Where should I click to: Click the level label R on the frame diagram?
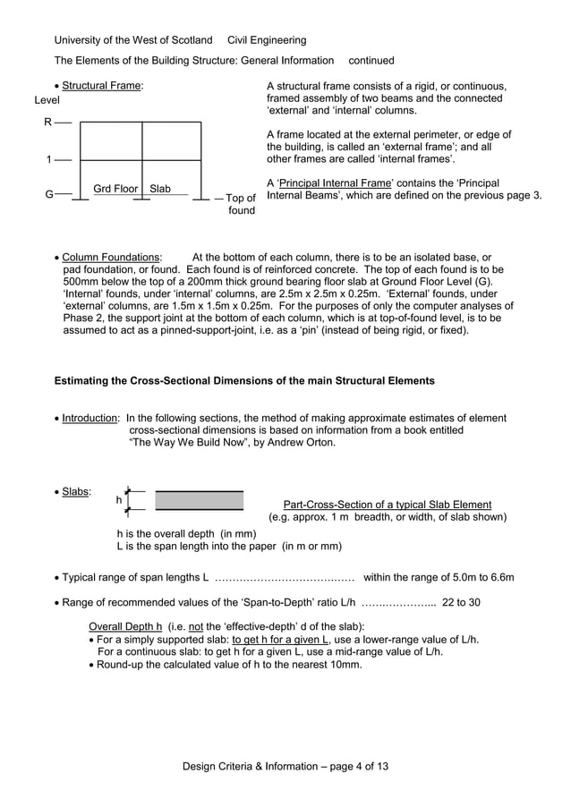(48, 121)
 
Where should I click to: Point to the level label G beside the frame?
(49, 193)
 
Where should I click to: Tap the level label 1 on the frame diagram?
(48, 160)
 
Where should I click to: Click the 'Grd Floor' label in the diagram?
(115, 189)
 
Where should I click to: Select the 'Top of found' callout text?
(240, 204)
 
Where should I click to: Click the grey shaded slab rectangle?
(199, 500)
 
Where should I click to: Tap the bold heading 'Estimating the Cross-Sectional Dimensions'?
(244, 380)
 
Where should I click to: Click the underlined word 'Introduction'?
(89, 418)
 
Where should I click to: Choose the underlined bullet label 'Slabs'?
(75, 491)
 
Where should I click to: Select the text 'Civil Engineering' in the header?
(267, 40)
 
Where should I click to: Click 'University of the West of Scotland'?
(133, 40)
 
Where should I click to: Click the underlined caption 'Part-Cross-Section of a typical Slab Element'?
(387, 505)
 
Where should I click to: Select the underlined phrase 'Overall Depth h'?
(126, 625)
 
